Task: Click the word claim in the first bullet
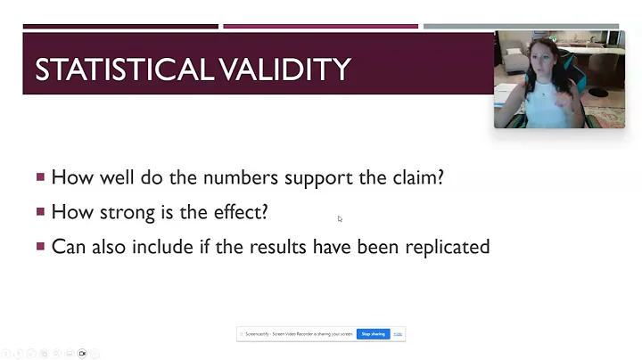pyautogui.click(x=416, y=177)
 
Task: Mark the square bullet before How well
pyautogui.click(x=40, y=177)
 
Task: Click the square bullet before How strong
pyautogui.click(x=40, y=212)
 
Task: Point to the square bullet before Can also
pyautogui.click(x=40, y=247)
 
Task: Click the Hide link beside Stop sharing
pyautogui.click(x=398, y=334)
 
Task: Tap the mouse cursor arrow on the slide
pyautogui.click(x=340, y=218)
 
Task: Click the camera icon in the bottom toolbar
pyautogui.click(x=82, y=354)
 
